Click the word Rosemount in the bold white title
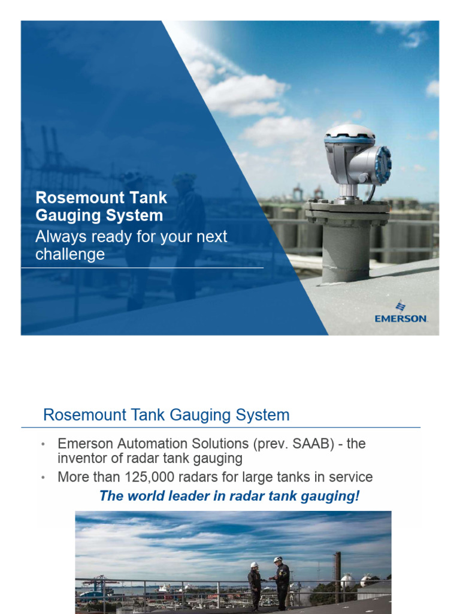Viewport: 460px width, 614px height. tap(72, 198)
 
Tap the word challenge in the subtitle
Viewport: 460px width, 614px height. tap(69, 254)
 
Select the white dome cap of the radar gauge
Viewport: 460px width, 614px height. tap(349, 131)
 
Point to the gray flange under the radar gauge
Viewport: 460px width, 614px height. tap(347, 209)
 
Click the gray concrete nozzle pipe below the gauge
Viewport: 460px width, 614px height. tap(346, 252)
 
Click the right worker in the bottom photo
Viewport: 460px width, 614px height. tap(281, 583)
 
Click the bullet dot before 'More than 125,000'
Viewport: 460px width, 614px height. tap(43, 478)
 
